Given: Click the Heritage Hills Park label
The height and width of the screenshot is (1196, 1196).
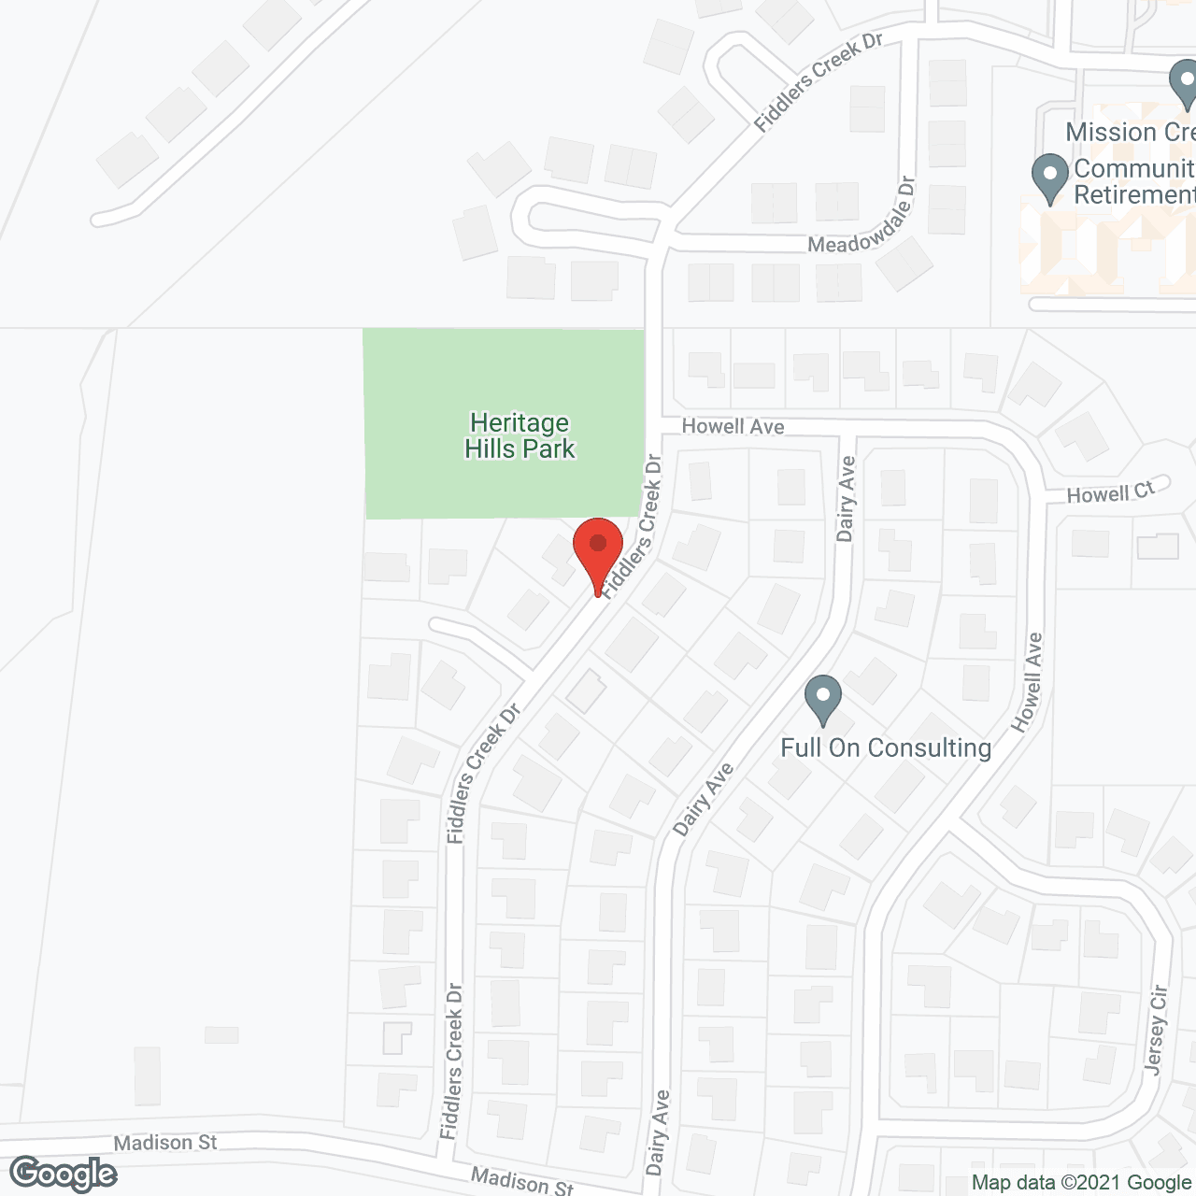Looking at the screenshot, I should (520, 436).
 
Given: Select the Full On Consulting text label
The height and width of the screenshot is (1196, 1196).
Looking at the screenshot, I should (886, 747).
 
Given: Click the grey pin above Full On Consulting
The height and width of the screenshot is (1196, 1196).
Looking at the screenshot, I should (823, 699).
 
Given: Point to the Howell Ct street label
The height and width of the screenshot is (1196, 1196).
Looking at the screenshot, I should (1111, 491).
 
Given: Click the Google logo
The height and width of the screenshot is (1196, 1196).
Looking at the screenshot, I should (64, 1174).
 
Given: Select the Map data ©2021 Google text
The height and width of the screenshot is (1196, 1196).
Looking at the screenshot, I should (1082, 1183).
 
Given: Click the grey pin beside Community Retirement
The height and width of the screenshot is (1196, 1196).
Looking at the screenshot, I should (1049, 178).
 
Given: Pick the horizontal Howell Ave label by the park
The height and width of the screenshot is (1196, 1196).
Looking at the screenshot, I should (733, 427).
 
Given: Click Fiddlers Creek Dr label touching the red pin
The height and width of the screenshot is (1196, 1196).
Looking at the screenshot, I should (632, 526).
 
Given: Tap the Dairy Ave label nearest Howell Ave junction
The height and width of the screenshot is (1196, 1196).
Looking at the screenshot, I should (847, 499).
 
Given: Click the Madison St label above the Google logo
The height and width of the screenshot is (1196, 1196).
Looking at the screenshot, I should (165, 1143).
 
